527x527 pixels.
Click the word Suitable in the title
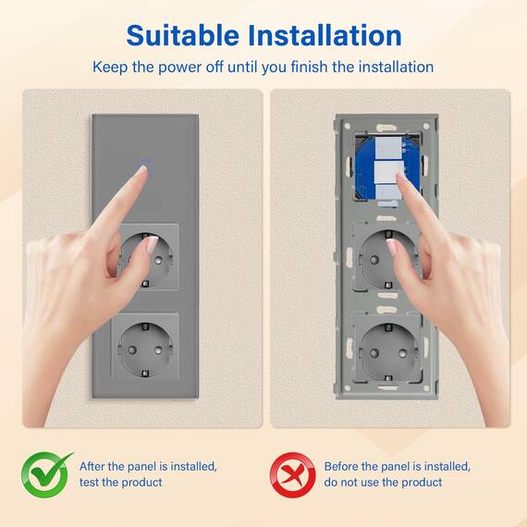[x=183, y=35]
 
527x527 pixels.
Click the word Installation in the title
[x=325, y=35]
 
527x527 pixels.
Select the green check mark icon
[x=46, y=474]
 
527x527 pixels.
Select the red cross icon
[x=293, y=475]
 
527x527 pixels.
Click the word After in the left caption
[x=92, y=467]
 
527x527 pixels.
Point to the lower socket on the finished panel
[x=145, y=349]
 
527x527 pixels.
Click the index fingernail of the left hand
[x=141, y=170]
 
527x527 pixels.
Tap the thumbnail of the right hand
[x=391, y=247]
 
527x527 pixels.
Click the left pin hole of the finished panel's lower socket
[x=132, y=350]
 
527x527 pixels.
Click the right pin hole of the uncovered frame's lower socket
[x=403, y=353]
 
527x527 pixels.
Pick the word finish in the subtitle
[x=309, y=67]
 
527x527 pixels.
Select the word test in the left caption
[x=89, y=483]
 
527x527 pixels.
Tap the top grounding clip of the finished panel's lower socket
[x=145, y=326]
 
